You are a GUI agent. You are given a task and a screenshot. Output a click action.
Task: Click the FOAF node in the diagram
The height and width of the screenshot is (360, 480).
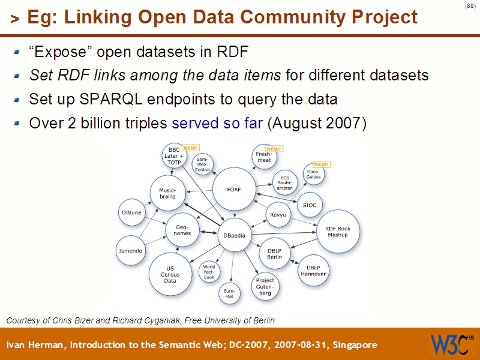[233, 189]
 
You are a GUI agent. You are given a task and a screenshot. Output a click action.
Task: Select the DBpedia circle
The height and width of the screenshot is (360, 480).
[234, 235]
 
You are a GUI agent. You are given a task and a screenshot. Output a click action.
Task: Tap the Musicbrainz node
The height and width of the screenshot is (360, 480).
[167, 194]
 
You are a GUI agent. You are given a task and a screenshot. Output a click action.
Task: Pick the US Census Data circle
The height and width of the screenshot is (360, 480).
[170, 275]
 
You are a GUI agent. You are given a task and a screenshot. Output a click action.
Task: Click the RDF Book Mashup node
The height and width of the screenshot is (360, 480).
[337, 231]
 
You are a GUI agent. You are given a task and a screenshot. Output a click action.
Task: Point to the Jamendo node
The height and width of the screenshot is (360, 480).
[130, 251]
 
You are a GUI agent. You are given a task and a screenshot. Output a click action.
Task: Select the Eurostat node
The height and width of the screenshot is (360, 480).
[229, 293]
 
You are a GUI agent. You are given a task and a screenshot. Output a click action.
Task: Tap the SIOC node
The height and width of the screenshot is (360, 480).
[310, 205]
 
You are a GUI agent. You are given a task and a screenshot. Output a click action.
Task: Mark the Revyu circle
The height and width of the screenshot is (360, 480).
[278, 214]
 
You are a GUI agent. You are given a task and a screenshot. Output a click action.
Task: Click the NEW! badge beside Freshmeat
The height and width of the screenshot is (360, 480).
[274, 149]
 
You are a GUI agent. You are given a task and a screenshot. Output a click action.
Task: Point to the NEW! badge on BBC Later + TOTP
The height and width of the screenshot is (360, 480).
[190, 148]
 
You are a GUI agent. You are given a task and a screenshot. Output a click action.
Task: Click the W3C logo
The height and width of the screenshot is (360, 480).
[451, 344]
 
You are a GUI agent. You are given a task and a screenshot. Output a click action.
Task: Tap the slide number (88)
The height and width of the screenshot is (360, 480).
[470, 7]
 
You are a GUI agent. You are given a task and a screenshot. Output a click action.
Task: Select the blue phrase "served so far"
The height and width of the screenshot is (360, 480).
[217, 124]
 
